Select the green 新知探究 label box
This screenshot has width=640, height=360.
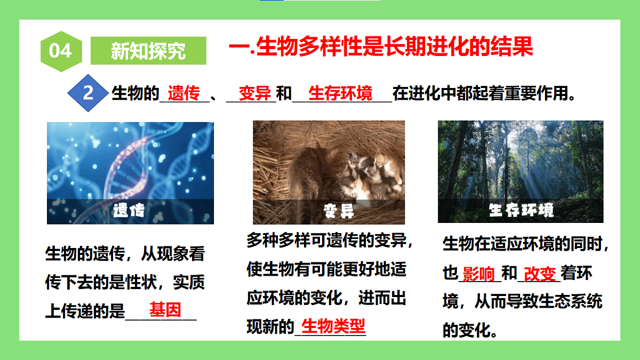pos(148,51)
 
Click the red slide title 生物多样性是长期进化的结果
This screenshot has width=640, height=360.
pos(381,47)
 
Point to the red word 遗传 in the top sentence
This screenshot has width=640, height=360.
pos(184,94)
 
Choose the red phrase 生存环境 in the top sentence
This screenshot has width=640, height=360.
pos(341,94)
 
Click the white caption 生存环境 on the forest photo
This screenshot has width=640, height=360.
pos(521,210)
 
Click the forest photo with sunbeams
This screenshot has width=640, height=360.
pos(521,160)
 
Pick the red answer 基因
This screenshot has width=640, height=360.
pos(165,310)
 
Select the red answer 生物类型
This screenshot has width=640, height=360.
pos(333,325)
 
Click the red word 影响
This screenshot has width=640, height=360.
pos(479,274)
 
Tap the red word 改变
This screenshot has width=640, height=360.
pos(540,274)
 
